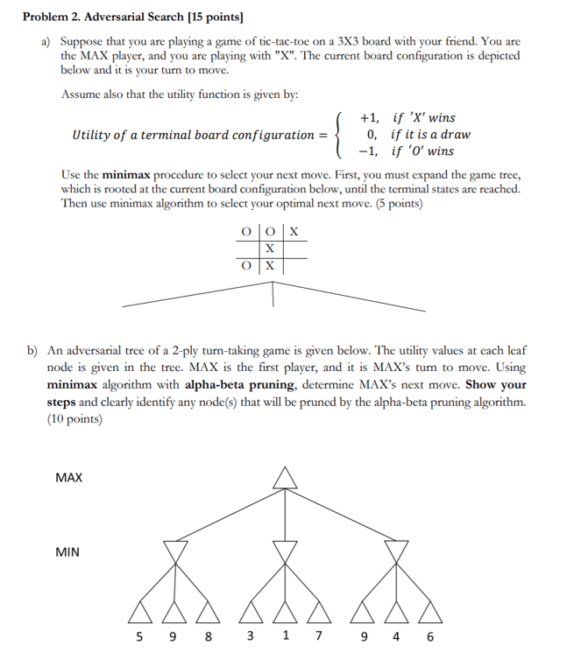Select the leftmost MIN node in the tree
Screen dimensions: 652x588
click(176, 551)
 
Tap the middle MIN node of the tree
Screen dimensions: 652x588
click(282, 551)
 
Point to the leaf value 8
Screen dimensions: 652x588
click(208, 636)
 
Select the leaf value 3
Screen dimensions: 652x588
click(250, 636)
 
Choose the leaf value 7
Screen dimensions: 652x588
click(319, 636)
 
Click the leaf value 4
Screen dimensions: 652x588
click(396, 636)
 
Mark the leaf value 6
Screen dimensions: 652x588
click(429, 636)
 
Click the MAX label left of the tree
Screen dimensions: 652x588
click(68, 478)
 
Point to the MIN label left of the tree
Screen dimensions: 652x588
click(67, 552)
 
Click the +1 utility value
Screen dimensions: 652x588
click(370, 118)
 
